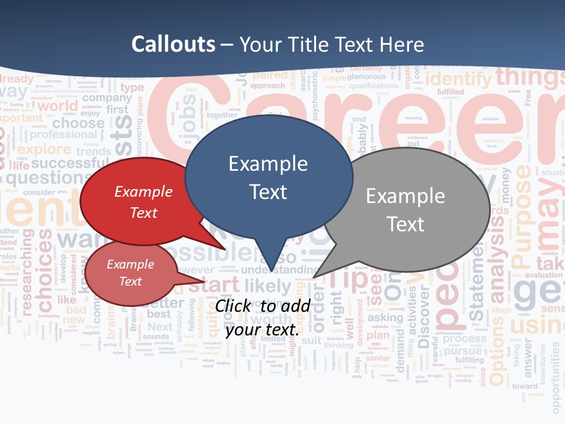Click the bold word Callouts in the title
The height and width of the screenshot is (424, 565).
(173, 44)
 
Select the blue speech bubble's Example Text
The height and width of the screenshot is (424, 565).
(268, 177)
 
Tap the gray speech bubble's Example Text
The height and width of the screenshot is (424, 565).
(405, 210)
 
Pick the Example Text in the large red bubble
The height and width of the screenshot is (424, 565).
(144, 202)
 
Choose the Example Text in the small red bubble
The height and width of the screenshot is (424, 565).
(130, 273)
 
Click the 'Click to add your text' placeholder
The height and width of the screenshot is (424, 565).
(262, 317)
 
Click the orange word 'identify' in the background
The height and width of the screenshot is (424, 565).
(458, 78)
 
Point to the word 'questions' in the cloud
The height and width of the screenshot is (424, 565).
(45, 177)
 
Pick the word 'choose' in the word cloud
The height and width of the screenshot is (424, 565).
(78, 123)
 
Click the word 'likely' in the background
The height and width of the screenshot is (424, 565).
(268, 287)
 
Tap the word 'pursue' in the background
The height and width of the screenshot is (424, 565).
(463, 352)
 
